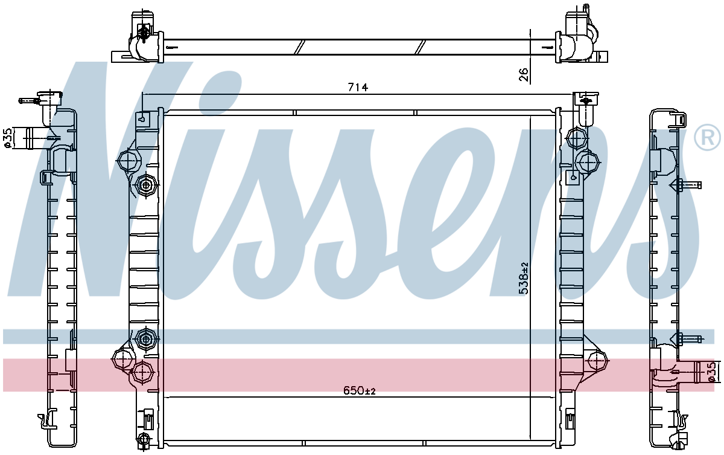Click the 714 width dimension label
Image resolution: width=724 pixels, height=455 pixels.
pos(358,88)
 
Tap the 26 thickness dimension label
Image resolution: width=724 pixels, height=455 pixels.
pos(524,74)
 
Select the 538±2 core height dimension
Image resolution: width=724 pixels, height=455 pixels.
pos(524,279)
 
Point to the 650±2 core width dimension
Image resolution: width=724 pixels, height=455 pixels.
pos(360,391)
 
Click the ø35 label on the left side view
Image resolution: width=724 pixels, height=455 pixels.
pos(8,138)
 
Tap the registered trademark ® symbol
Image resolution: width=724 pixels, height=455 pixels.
pos(707,137)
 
